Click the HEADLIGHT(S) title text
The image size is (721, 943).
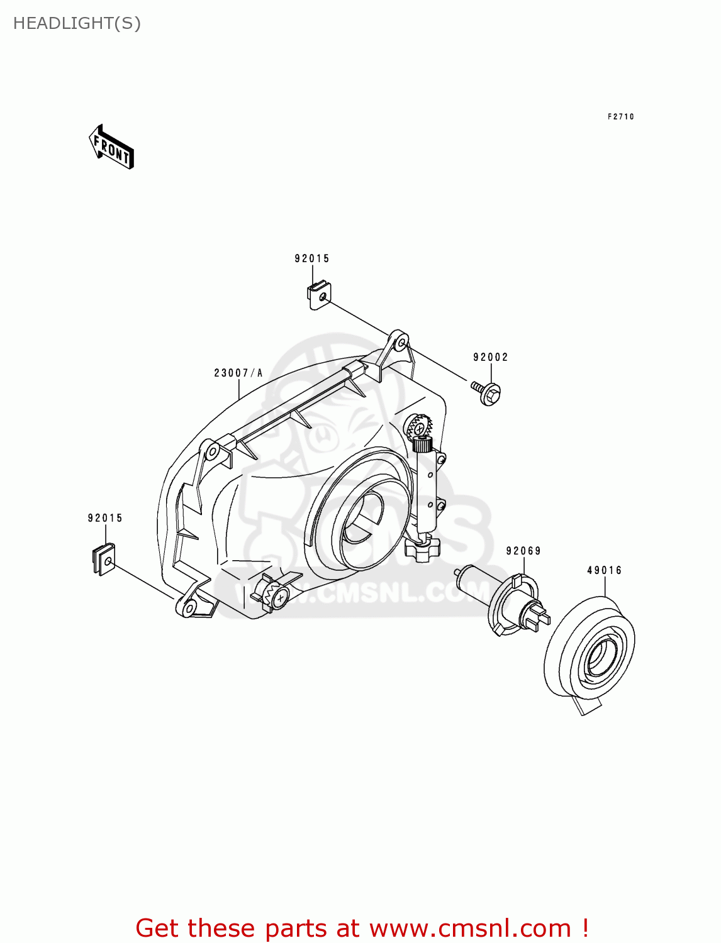(77, 23)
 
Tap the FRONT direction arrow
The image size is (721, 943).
(111, 148)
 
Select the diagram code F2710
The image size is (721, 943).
(620, 117)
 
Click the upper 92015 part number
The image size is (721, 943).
(312, 258)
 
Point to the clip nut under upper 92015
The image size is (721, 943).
(319, 294)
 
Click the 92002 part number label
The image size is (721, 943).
(491, 357)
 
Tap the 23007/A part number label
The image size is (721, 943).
(238, 373)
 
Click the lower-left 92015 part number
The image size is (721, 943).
(105, 518)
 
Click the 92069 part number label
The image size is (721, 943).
(523, 551)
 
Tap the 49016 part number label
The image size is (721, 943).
(605, 570)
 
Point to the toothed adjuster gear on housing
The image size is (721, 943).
(418, 427)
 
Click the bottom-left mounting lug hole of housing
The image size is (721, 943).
(188, 608)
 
